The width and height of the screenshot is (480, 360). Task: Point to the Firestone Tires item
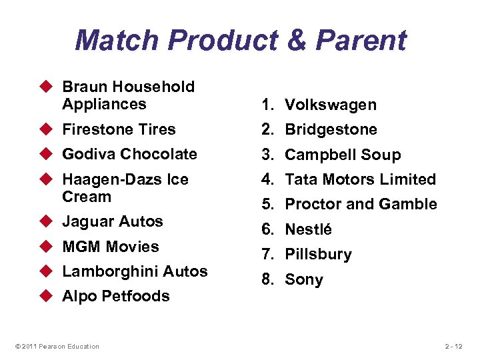[119, 129]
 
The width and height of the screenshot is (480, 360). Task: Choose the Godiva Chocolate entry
[129, 154]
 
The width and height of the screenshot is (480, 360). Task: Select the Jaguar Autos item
[113, 221]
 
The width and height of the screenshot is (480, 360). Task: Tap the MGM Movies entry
[111, 247]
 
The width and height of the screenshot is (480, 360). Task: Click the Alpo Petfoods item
[116, 296]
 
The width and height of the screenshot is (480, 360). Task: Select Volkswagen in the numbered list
[331, 105]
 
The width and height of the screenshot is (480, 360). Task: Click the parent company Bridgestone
[331, 129]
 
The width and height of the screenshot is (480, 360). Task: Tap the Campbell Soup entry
[343, 155]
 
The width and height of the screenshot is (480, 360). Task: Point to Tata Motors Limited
[360, 179]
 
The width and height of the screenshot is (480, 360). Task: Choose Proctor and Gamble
[361, 204]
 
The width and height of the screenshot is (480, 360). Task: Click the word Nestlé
[309, 229]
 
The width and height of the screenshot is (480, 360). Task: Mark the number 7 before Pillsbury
[266, 254]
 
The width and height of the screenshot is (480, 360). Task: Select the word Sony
[304, 279]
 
